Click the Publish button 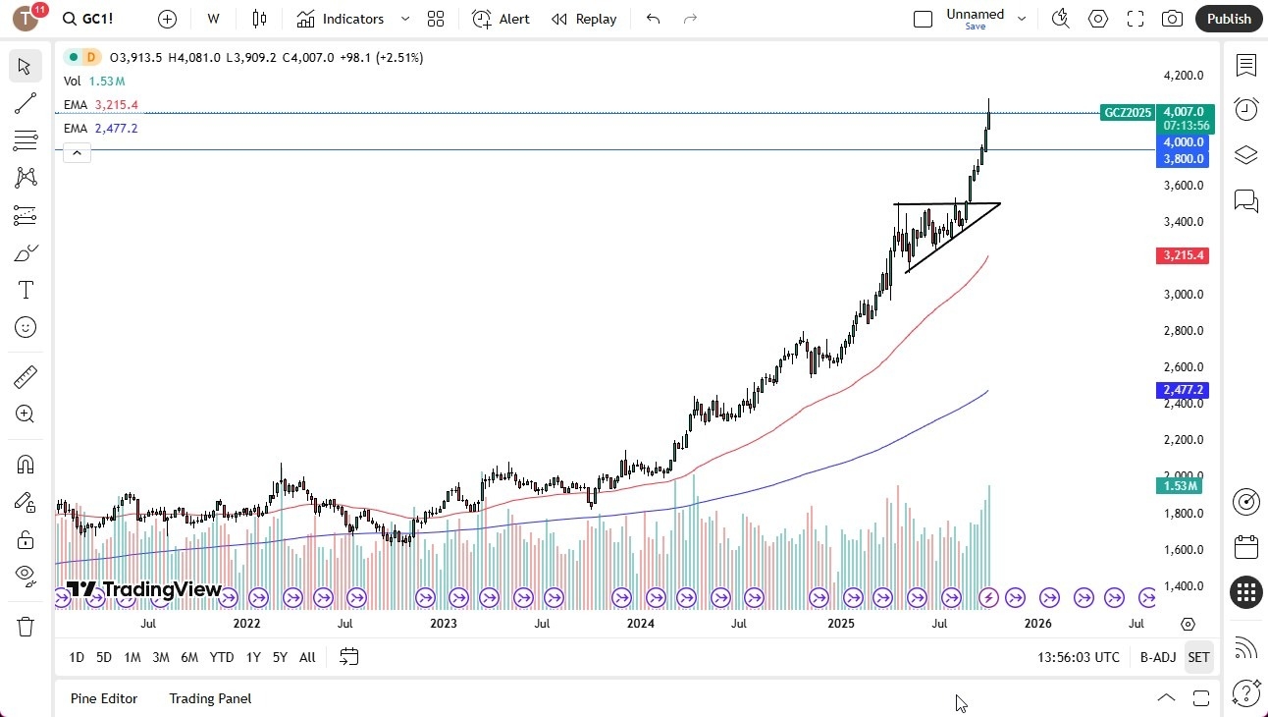tap(1229, 19)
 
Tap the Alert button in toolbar tap(501, 19)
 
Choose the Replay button tap(584, 19)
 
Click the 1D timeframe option tap(77, 657)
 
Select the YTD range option tap(222, 657)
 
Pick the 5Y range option tap(280, 657)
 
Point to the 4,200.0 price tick tap(1182, 76)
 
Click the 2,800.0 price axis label tap(1182, 331)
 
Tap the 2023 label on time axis tap(444, 624)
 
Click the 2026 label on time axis tap(1037, 624)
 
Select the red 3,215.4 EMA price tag tap(1184, 255)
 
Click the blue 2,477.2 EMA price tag tap(1184, 390)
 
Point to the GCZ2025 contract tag tap(1128, 113)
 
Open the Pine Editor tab tap(104, 698)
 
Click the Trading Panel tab tap(210, 698)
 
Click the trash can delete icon tap(26, 627)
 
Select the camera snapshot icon tap(1172, 19)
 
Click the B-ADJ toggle tap(1158, 657)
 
